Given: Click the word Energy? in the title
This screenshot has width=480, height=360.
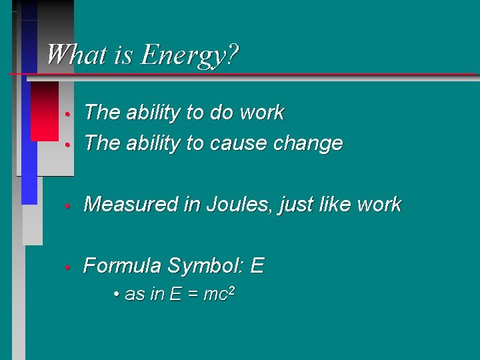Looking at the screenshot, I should [x=190, y=55].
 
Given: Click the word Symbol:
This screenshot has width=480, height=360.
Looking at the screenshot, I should [x=207, y=266].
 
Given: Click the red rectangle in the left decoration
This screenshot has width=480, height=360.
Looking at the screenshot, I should [x=44, y=110].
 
